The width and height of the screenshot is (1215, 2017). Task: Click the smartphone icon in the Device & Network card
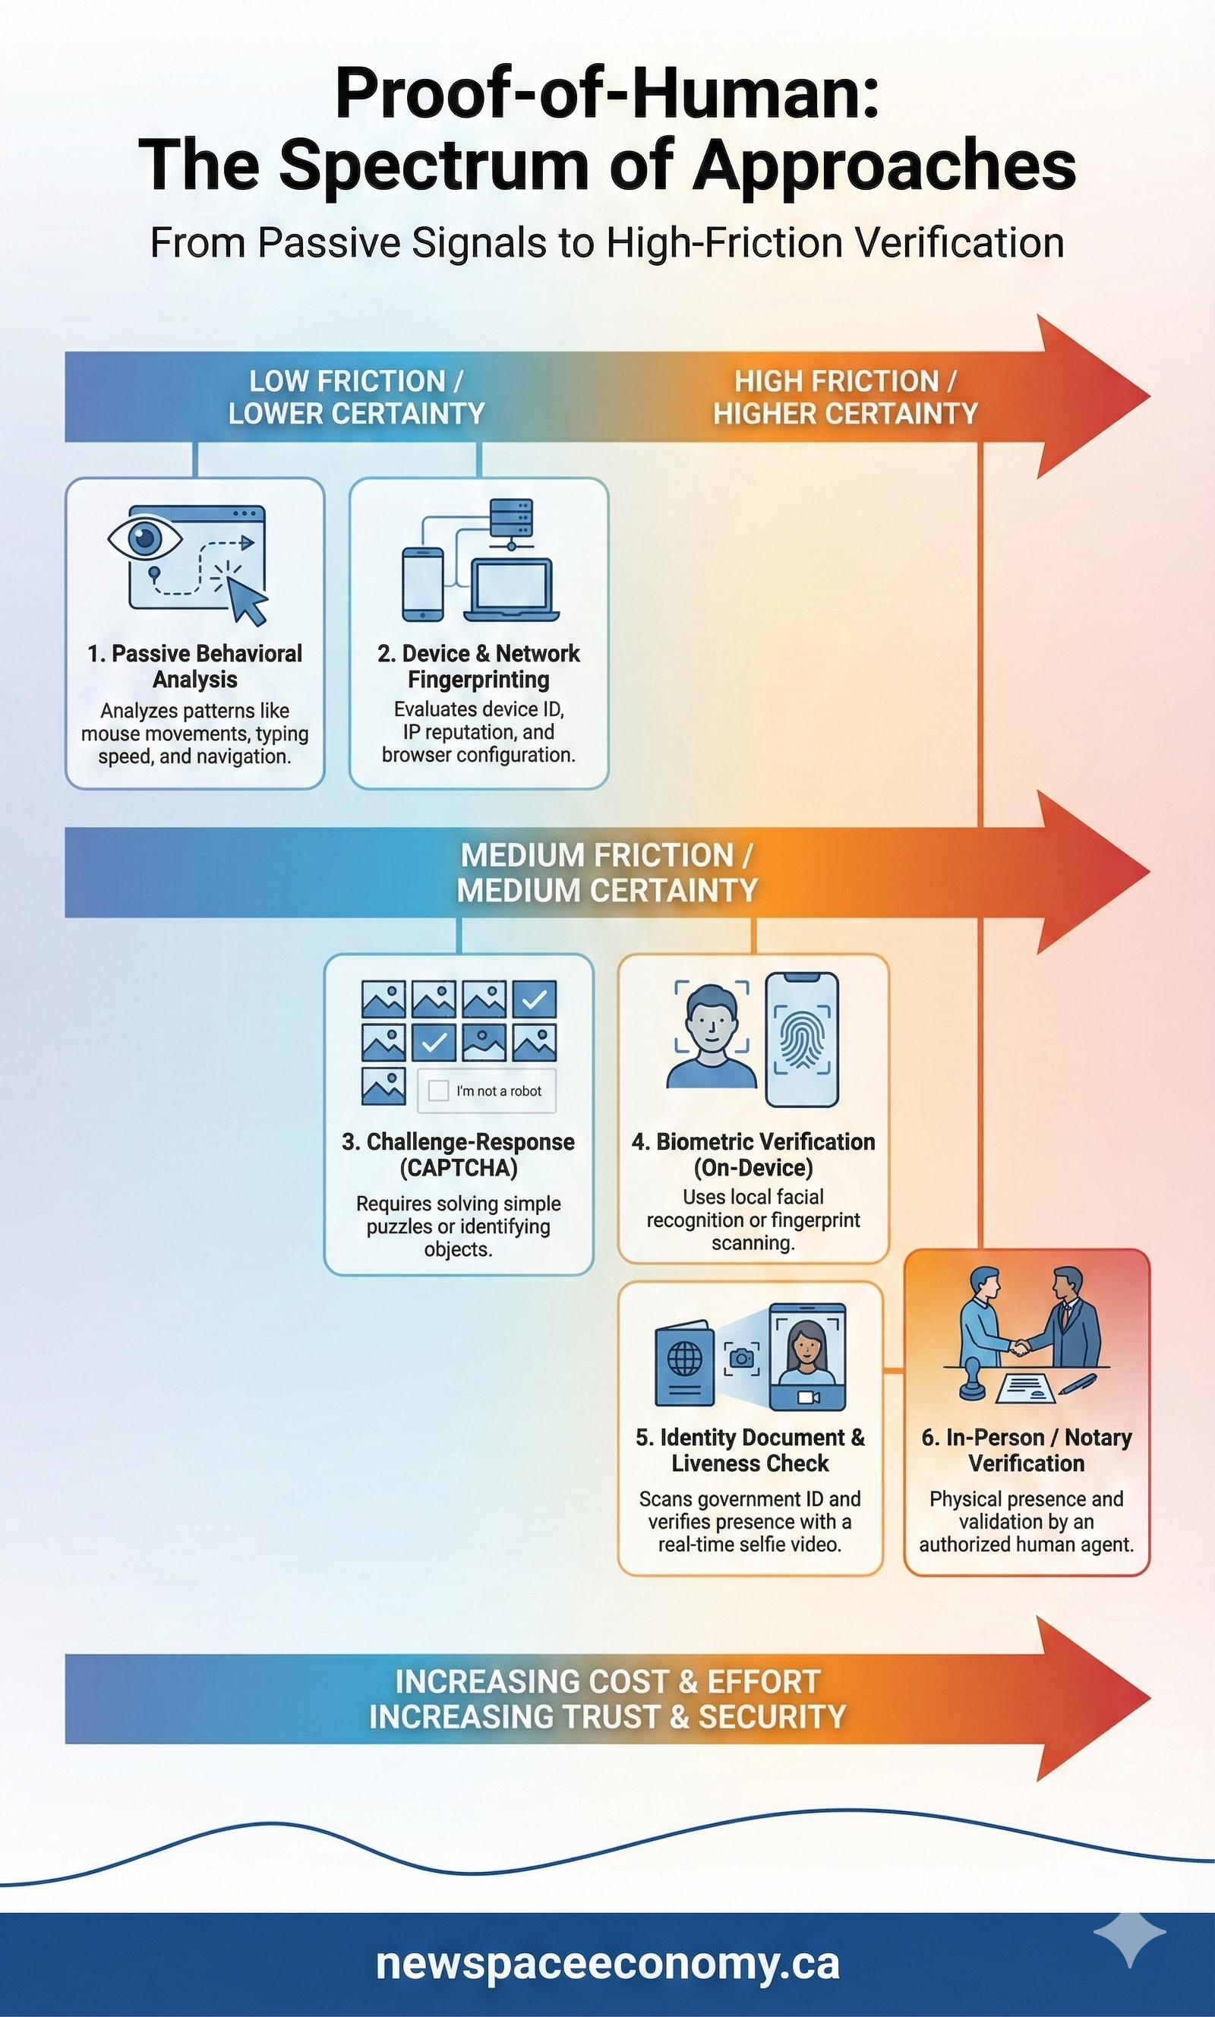pyautogui.click(x=422, y=584)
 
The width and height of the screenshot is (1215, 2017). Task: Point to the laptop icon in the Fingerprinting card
pyautogui.click(x=512, y=590)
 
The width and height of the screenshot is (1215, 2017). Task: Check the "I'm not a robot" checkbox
pyautogui.click(x=439, y=1091)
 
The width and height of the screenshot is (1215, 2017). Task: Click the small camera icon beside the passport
pyautogui.click(x=742, y=1358)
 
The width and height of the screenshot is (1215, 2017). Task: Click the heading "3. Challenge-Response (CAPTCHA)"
pyautogui.click(x=459, y=1154)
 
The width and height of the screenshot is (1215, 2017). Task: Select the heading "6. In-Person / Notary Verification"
pyautogui.click(x=1027, y=1450)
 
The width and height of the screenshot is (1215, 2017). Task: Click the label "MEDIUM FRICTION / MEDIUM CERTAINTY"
pyautogui.click(x=607, y=872)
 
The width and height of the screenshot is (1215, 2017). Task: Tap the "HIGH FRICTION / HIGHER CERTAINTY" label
pyautogui.click(x=845, y=397)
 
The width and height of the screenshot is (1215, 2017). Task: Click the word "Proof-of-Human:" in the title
pyautogui.click(x=607, y=94)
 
